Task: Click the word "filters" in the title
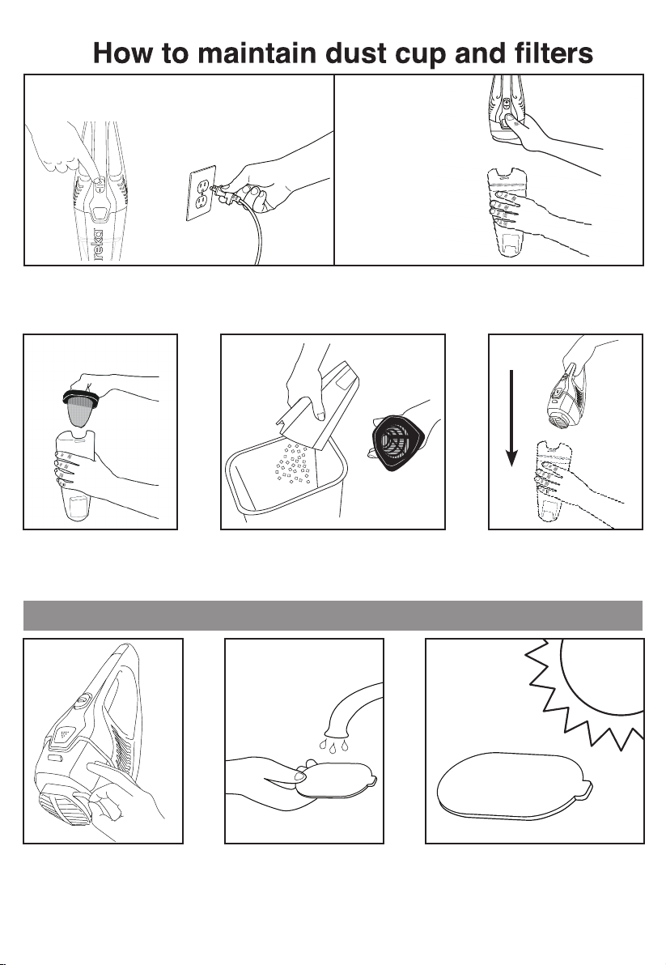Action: tap(554, 53)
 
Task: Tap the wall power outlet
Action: tap(201, 193)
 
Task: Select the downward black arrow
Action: tap(511, 419)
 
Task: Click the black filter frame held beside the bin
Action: tap(398, 443)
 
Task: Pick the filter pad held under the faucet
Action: tap(336, 781)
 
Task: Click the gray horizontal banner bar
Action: tap(333, 615)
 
